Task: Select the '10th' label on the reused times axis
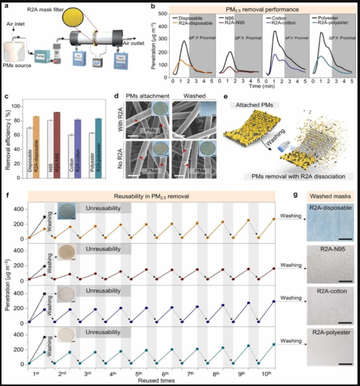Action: (266, 373)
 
